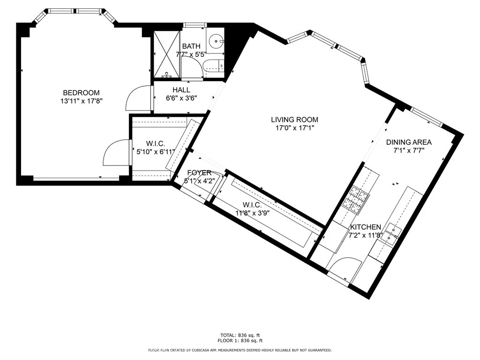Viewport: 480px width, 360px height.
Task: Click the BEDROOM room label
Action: click(82, 92)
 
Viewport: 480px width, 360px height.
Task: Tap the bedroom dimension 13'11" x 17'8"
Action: click(82, 100)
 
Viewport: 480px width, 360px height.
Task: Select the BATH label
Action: click(191, 46)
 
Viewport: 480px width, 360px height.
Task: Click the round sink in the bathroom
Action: click(216, 42)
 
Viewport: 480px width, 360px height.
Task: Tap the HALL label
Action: click(181, 90)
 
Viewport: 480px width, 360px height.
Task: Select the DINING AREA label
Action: click(409, 142)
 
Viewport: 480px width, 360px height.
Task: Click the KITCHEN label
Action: click(366, 227)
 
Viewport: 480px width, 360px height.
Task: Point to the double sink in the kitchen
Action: click(390, 234)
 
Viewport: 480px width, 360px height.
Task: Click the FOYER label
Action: click(199, 172)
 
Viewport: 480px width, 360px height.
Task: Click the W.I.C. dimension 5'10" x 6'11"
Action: click(156, 151)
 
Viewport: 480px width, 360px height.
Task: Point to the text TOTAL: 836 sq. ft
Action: click(240, 335)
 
